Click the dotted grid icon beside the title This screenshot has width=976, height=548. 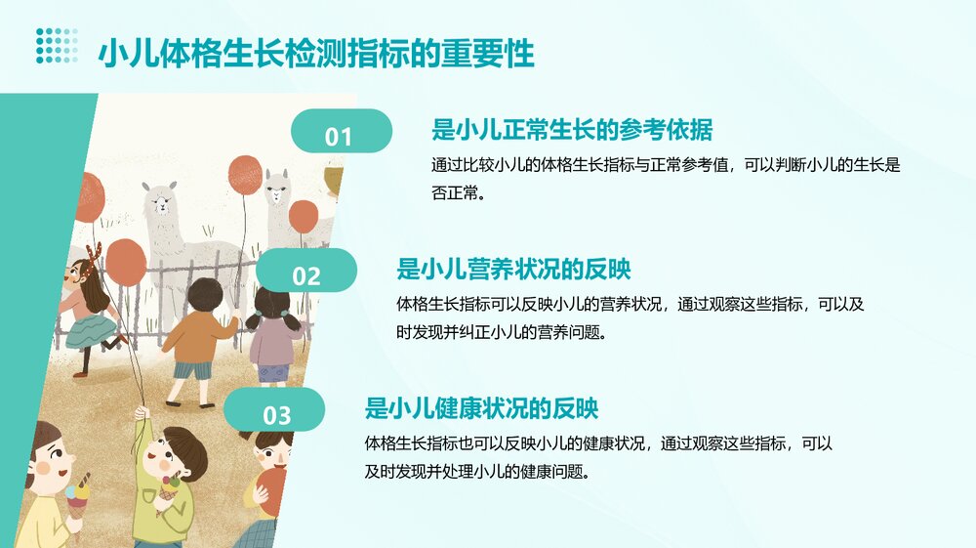(x=57, y=46)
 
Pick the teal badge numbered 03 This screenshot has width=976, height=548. (x=277, y=413)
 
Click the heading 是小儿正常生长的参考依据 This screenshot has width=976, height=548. (x=571, y=130)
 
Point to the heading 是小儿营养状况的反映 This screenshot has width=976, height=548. (x=519, y=269)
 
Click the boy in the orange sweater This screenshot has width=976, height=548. (x=200, y=337)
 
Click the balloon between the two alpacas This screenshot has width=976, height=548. (x=245, y=175)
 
